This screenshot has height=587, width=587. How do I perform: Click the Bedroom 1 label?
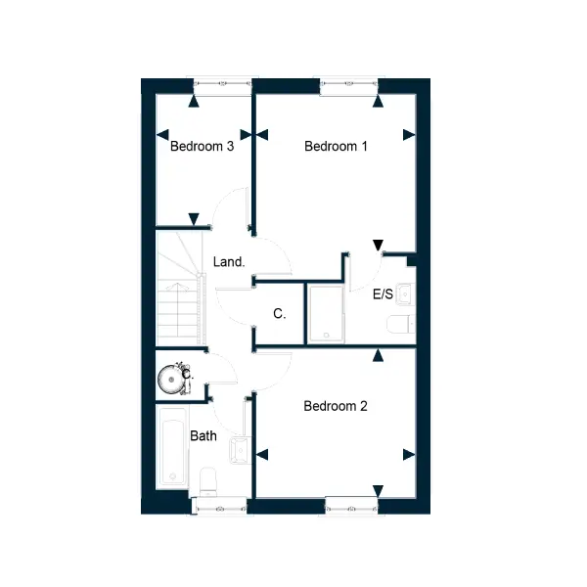point(336,146)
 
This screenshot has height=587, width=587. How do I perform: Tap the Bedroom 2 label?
point(336,406)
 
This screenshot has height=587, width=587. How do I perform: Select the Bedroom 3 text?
point(203,146)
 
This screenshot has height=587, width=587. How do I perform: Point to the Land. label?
point(229,261)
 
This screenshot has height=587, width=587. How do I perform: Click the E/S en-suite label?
point(383,294)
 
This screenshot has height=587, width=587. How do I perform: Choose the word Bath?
point(203,435)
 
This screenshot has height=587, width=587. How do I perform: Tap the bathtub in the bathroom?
point(172,447)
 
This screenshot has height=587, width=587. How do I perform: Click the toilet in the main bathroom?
point(208,481)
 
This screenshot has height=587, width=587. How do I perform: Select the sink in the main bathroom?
point(240,450)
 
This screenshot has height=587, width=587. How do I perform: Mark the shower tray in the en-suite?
point(327,314)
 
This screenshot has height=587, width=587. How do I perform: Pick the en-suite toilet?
point(401,324)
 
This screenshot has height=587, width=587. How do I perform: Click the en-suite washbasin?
point(405,294)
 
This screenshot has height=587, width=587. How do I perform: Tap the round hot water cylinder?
point(172,380)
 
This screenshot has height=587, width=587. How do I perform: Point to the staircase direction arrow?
point(178,287)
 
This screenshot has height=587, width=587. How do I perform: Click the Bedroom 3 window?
point(222,84)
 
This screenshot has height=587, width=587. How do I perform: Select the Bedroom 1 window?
point(349,84)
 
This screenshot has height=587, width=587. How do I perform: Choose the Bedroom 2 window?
point(351,509)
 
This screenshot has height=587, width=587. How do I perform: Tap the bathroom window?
point(219,509)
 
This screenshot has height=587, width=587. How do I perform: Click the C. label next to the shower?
point(280,313)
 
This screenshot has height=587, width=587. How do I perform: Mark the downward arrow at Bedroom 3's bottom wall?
point(194,219)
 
